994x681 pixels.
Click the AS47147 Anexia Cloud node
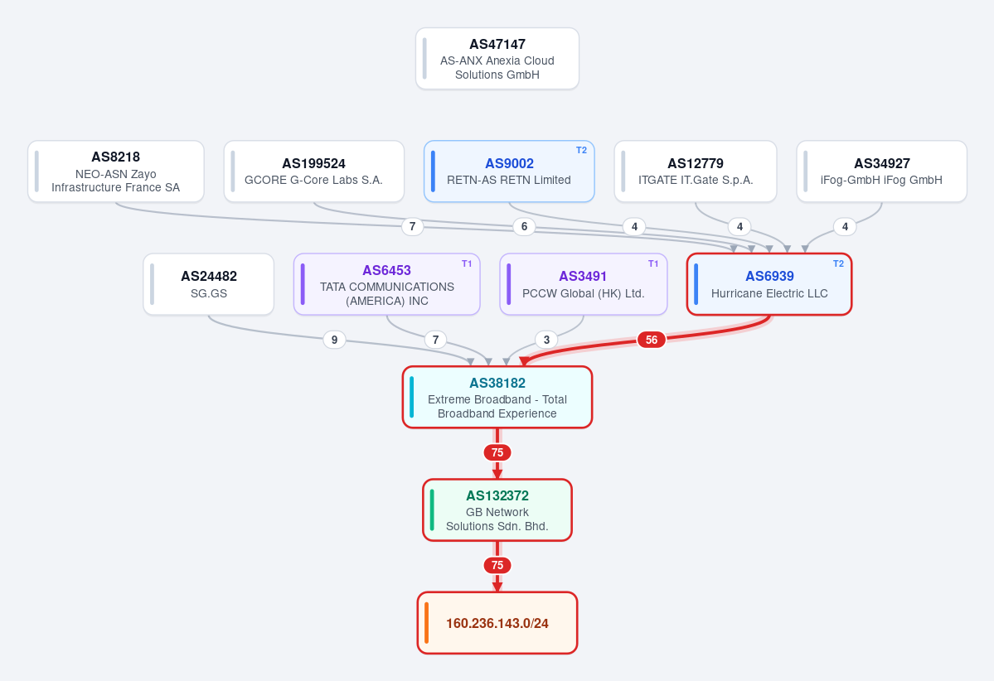pos(497,58)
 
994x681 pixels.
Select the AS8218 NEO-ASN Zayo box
pos(115,171)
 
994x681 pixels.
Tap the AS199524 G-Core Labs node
pos(314,171)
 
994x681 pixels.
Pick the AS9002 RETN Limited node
pos(509,171)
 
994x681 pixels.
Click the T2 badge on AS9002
pos(581,150)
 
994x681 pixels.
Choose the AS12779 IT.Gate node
pos(696,171)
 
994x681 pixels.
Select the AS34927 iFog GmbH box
pos(882,171)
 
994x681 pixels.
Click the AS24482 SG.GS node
pos(209,284)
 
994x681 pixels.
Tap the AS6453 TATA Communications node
pos(386,284)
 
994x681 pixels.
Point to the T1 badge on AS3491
pos(653,263)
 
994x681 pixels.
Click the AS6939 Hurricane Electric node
pos(769,284)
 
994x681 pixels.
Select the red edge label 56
pos(651,340)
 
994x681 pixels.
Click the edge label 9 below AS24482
pos(334,340)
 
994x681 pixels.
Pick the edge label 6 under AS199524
pos(524,226)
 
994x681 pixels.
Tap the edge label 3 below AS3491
pos(546,340)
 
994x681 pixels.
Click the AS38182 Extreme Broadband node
pos(497,397)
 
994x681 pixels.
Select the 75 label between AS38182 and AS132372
pos(497,452)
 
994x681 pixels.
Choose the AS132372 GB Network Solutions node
pos(497,510)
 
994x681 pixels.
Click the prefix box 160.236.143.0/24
pos(497,623)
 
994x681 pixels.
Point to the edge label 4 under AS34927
pos(845,226)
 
